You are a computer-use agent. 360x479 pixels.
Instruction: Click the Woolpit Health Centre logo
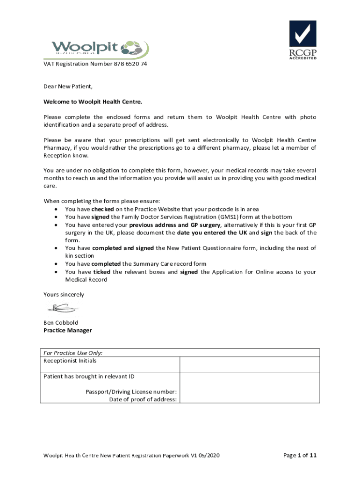pyautogui.click(x=100, y=48)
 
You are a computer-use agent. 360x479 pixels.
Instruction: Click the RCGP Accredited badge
pyautogui.click(x=302, y=40)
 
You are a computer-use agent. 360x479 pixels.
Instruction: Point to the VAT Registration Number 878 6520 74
pyautogui.click(x=95, y=64)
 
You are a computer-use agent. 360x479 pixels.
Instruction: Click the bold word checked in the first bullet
pyautogui.click(x=102, y=209)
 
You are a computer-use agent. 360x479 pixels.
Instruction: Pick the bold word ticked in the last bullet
pyautogui.click(x=102, y=272)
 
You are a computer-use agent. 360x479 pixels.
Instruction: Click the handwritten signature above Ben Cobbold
pyautogui.click(x=62, y=308)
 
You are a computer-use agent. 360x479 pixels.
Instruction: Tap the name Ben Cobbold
pyautogui.click(x=61, y=323)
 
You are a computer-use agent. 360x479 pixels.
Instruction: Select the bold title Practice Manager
pyautogui.click(x=68, y=330)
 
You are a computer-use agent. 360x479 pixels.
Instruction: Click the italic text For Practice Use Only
pyautogui.click(x=73, y=353)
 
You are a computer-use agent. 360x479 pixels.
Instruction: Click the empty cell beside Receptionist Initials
pyautogui.click(x=250, y=364)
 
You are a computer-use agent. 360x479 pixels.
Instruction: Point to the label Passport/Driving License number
pyautogui.click(x=131, y=392)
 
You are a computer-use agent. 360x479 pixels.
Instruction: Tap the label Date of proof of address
pyautogui.click(x=143, y=399)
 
